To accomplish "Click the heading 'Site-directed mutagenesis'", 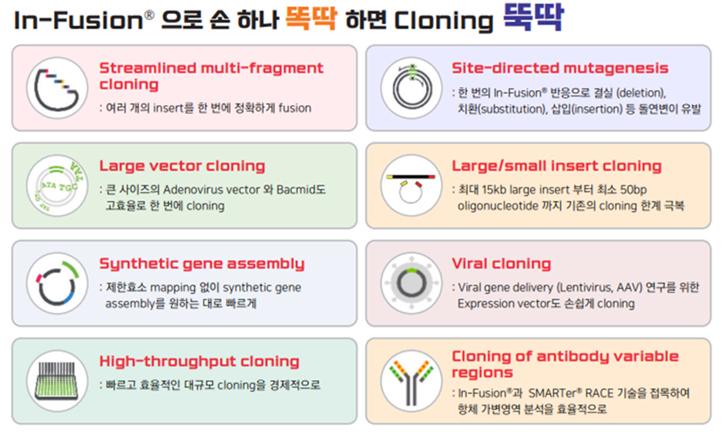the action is click(560, 68).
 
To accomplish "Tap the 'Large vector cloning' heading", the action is click(182, 166).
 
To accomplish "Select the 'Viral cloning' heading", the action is click(502, 264).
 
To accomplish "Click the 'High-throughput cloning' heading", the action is click(200, 361).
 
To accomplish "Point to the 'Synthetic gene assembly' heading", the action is click(202, 264).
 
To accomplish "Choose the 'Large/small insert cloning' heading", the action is click(557, 166).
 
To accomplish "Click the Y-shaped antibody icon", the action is click(411, 382).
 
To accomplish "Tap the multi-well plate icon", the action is click(57, 381).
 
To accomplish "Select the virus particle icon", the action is click(411, 283).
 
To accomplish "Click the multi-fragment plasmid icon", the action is click(57, 89).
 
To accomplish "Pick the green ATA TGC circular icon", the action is click(57, 186).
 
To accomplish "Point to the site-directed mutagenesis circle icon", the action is click(411, 87).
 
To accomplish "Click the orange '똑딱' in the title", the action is click(310, 18).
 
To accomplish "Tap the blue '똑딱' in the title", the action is click(533, 17).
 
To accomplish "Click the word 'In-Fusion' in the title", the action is click(79, 20).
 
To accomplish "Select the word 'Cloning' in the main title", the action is click(444, 21).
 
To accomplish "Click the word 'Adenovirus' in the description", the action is click(192, 190).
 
